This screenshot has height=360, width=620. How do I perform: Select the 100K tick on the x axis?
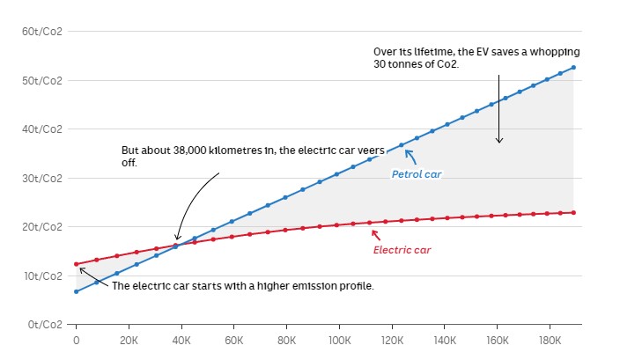coord(339,340)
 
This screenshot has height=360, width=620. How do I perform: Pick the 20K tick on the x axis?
coord(129,340)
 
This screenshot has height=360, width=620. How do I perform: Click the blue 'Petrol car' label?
coord(416,174)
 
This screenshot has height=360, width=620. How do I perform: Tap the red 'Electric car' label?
coord(403,249)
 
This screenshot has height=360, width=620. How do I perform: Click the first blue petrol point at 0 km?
coord(77,291)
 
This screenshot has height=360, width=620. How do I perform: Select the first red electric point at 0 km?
coord(77,264)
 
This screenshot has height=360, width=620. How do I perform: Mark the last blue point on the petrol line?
coord(573,68)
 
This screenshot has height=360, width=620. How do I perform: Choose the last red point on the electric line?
coord(573,212)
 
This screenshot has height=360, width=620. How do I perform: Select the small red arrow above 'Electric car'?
coord(375,234)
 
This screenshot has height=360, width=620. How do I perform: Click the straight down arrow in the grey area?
coord(498,110)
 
